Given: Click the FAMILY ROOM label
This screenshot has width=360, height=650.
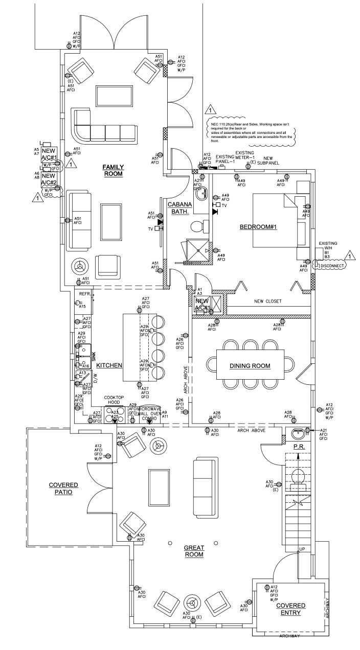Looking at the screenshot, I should [114, 170].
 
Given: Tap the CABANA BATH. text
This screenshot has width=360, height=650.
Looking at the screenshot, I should [179, 208].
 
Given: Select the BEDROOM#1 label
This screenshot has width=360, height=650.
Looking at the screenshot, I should [258, 227].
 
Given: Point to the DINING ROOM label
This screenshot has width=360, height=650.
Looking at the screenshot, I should [250, 366].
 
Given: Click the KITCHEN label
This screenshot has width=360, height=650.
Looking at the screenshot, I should [109, 365].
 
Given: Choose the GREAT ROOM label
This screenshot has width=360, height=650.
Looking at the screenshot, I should [194, 551].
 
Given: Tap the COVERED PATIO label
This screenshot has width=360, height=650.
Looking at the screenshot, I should [63, 489].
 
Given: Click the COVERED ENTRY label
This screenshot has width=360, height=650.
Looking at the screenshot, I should [290, 609].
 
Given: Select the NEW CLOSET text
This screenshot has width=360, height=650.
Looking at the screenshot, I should [268, 302].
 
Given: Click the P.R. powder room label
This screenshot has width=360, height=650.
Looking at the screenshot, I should [299, 447].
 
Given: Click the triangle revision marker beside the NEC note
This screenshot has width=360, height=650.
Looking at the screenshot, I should [210, 109].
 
